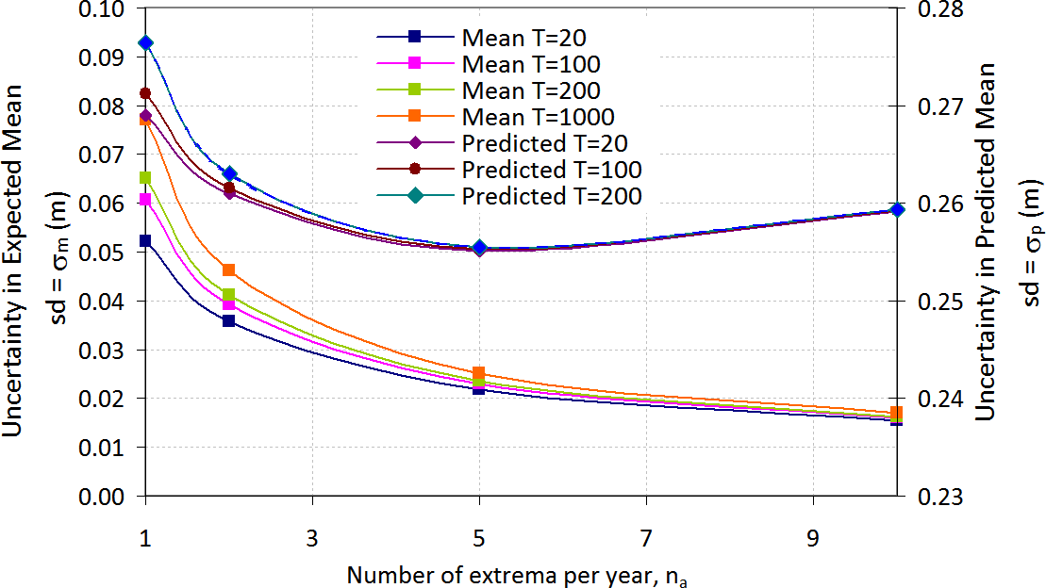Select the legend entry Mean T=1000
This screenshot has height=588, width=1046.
(538, 117)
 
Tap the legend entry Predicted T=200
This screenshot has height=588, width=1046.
(552, 196)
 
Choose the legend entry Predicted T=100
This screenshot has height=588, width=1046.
(552, 170)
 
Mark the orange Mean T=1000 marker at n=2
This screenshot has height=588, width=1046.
(229, 270)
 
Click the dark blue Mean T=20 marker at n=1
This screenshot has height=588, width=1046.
(145, 241)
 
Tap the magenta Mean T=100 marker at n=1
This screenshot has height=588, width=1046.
(145, 200)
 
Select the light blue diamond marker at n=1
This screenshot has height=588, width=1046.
(145, 43)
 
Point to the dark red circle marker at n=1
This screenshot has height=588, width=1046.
(145, 93)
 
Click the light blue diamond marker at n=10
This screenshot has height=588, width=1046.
(897, 209)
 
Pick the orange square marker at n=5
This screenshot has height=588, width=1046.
(479, 373)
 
